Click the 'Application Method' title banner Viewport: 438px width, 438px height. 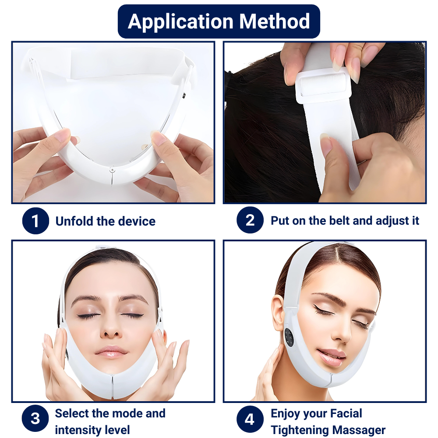219,21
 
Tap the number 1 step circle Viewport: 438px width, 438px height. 35,221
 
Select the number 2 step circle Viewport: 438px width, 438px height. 250,220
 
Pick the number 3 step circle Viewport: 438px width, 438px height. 35,418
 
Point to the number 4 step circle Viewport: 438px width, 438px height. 250,419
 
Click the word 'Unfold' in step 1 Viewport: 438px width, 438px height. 74,221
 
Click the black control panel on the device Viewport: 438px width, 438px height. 290,338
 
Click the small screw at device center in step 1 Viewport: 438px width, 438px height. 112,169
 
